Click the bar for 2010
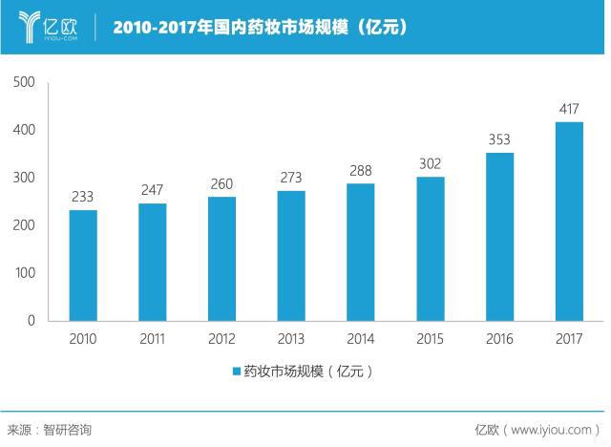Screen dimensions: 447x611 tap(83, 265)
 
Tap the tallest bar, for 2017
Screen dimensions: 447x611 tap(570, 221)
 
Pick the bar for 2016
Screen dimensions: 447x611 tap(500, 236)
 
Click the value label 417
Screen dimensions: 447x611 tap(570, 109)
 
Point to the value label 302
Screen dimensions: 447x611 tap(431, 163)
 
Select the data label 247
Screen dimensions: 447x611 tap(153, 190)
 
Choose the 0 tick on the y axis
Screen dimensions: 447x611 tap(30, 320)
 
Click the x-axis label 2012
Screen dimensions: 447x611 tap(221, 339)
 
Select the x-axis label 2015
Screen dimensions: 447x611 tap(431, 339)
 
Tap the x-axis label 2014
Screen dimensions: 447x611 tap(361, 339)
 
